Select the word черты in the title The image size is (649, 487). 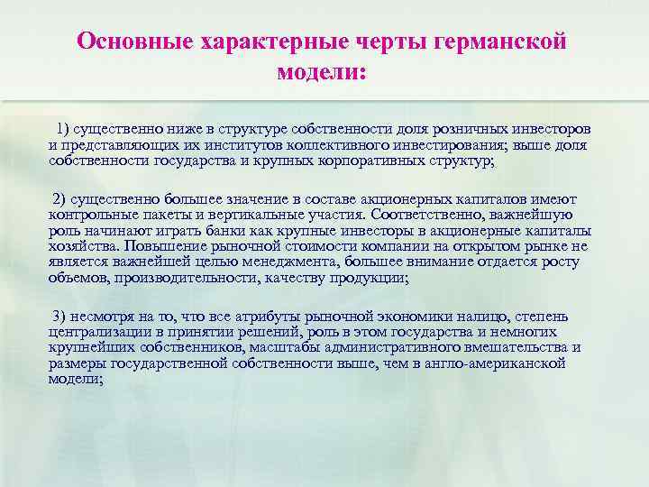[x=370, y=41]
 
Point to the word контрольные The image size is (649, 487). [x=96, y=213]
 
